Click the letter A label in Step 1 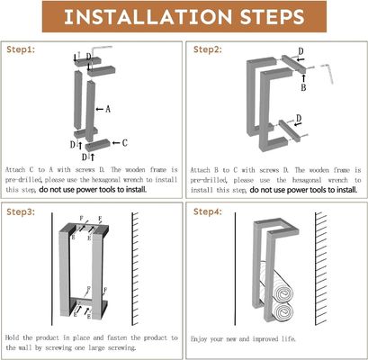click(x=108, y=109)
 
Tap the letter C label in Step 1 click(x=123, y=142)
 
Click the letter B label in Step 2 click(x=302, y=88)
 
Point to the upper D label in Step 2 click(x=300, y=52)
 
